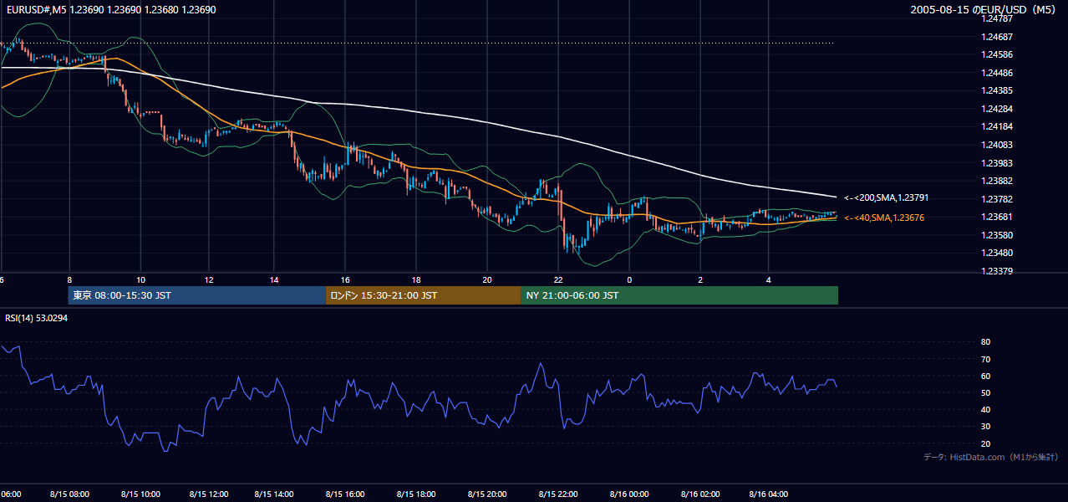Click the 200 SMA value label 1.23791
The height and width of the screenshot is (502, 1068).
tap(887, 197)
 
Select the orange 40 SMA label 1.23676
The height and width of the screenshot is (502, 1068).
tap(884, 218)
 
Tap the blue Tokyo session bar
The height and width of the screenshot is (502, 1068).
tap(197, 295)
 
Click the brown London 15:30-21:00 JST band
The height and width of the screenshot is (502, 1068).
tap(424, 295)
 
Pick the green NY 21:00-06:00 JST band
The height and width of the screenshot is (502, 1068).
tap(679, 295)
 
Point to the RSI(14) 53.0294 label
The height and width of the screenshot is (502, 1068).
tap(36, 318)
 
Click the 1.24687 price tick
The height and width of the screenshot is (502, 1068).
tap(997, 37)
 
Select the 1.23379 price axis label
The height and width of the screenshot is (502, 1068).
tap(997, 271)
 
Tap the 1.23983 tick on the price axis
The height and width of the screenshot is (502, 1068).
tap(997, 163)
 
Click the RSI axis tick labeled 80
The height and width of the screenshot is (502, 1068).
tap(985, 341)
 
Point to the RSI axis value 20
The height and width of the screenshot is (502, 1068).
tap(985, 443)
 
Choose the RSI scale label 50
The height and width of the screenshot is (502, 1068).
tap(985, 392)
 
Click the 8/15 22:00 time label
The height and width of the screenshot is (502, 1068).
tap(558, 494)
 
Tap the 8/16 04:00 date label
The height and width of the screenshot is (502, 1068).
tap(769, 494)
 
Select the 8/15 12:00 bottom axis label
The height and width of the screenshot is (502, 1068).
tap(209, 494)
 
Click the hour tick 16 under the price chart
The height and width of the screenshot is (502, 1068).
tap(345, 280)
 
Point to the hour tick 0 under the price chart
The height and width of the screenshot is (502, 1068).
tap(629, 280)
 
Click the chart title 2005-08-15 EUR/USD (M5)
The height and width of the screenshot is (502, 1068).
tap(983, 9)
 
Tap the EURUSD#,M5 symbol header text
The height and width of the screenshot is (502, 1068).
tap(36, 9)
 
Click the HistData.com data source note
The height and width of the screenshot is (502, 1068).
tap(991, 457)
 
